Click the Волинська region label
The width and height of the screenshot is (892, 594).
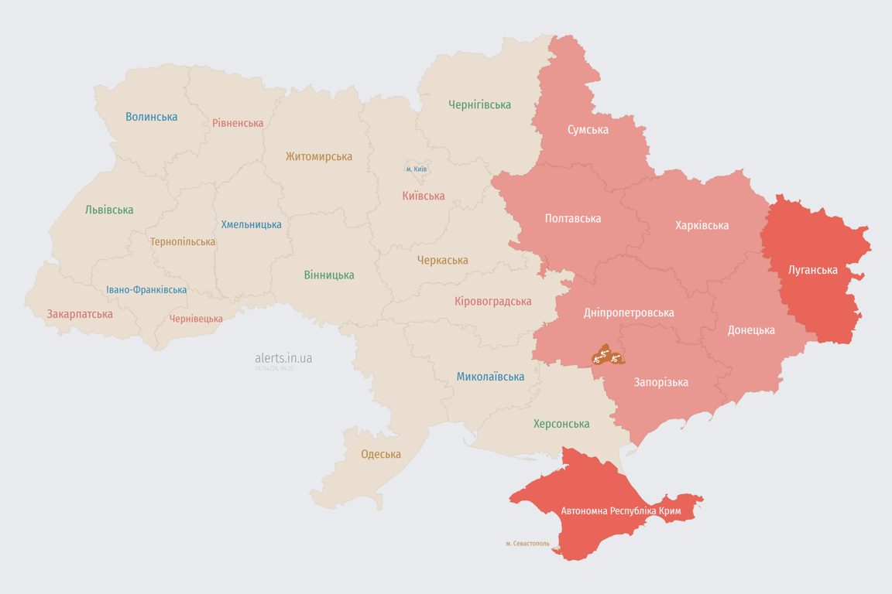152,117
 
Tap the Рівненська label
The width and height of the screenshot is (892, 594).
238,123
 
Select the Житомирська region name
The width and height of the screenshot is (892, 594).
318,156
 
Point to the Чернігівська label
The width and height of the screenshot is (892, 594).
479,104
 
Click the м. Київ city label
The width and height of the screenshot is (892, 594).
417,169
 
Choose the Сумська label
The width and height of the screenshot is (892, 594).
588,129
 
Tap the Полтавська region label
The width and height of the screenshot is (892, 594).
573,218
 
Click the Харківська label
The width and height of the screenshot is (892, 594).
702,225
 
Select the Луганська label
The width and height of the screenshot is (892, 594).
812,270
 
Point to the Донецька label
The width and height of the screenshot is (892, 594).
750,329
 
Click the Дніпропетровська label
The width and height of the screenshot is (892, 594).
628,312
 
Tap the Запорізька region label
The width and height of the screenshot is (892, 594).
660,382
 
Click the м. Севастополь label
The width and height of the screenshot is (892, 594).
527,544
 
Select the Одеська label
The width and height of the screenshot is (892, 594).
381,454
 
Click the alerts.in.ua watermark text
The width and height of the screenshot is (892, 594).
283,358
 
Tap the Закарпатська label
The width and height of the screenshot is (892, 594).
80,314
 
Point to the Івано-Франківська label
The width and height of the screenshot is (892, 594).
146,290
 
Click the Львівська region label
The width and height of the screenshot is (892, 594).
109,210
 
